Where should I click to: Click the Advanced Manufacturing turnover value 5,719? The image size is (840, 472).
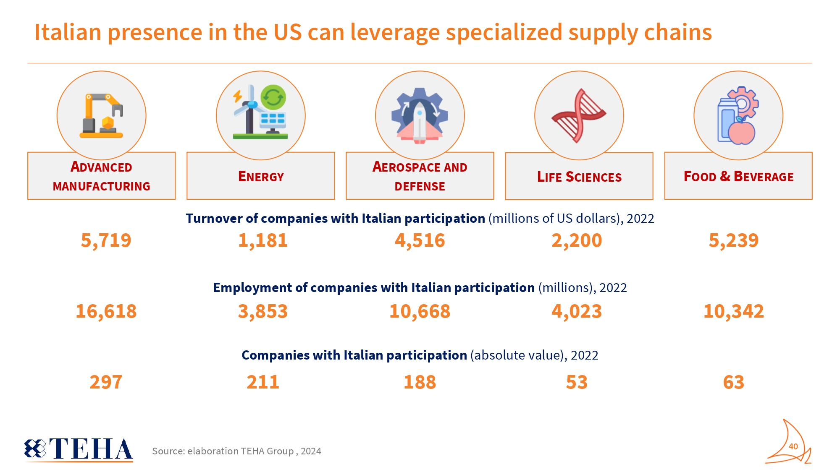pos(106,240)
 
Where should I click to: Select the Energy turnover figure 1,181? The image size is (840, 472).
pos(263,240)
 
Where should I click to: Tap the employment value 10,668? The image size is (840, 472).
pos(420,311)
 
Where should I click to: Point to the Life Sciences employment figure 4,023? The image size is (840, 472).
pos(577,311)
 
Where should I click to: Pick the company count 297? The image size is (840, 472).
pos(106,382)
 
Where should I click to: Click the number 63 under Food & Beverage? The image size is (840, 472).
pos(733,382)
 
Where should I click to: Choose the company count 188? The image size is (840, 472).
pos(420,382)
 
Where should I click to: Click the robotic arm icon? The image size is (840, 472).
pos(102,115)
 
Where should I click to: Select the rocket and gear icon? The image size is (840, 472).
pos(420,115)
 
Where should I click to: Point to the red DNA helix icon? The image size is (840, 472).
pos(579,115)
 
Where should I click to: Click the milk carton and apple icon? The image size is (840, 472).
pos(738,115)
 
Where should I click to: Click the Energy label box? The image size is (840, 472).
pos(261,177)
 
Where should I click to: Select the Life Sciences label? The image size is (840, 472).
pos(579,177)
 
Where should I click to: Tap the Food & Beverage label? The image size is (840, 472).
pos(738,177)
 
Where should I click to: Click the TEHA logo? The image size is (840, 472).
pos(79,449)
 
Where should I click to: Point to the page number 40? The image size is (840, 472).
pos(793,446)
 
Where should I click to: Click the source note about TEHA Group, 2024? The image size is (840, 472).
pos(236,451)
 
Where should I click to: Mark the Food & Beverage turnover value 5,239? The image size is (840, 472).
pos(733,240)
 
